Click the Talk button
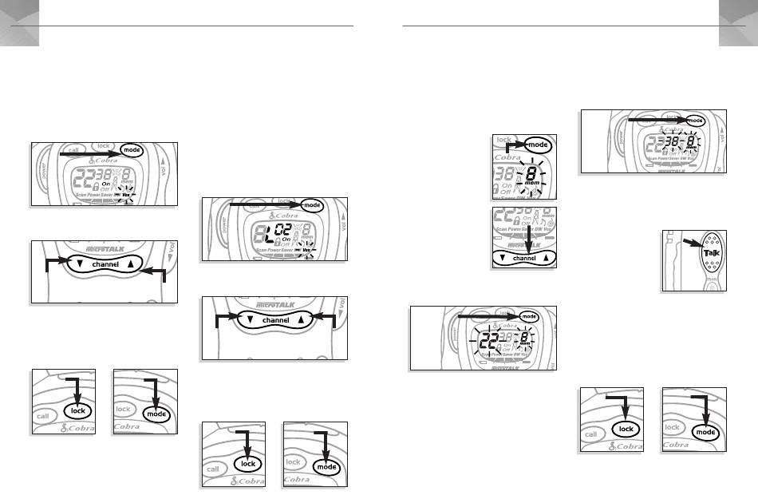pyautogui.click(x=711, y=254)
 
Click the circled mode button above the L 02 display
pyautogui.click(x=313, y=205)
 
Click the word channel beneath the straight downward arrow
pyautogui.click(x=524, y=259)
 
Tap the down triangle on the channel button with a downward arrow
pyautogui.click(x=501, y=258)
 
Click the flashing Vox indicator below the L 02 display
pyautogui.click(x=307, y=251)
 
